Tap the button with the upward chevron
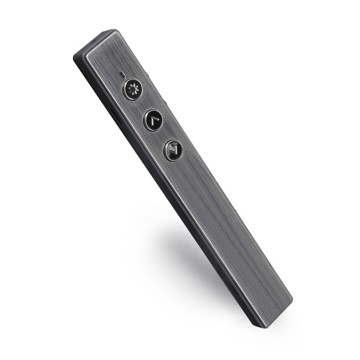[x=153, y=120]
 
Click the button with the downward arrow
[x=173, y=150]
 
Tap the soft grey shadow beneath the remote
[x=192, y=250]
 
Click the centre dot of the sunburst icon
[x=132, y=90]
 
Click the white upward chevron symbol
[x=153, y=119]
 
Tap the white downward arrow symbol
[x=173, y=150]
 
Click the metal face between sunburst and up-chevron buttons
[x=142, y=105]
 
